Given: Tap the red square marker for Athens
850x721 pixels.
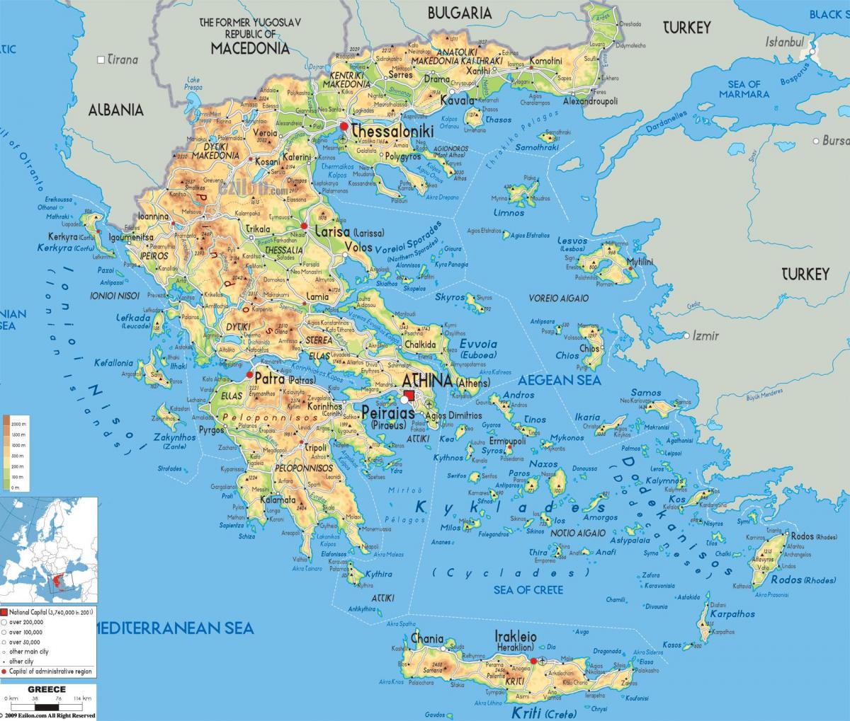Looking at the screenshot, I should point(410,397).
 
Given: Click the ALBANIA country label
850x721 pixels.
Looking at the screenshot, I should point(115,110).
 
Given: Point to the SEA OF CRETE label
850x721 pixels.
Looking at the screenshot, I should point(528,589).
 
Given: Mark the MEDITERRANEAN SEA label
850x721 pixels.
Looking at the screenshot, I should point(174,627).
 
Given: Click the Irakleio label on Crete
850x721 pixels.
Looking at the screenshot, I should point(515,637).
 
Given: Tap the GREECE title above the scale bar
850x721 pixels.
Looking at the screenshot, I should point(47,689).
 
